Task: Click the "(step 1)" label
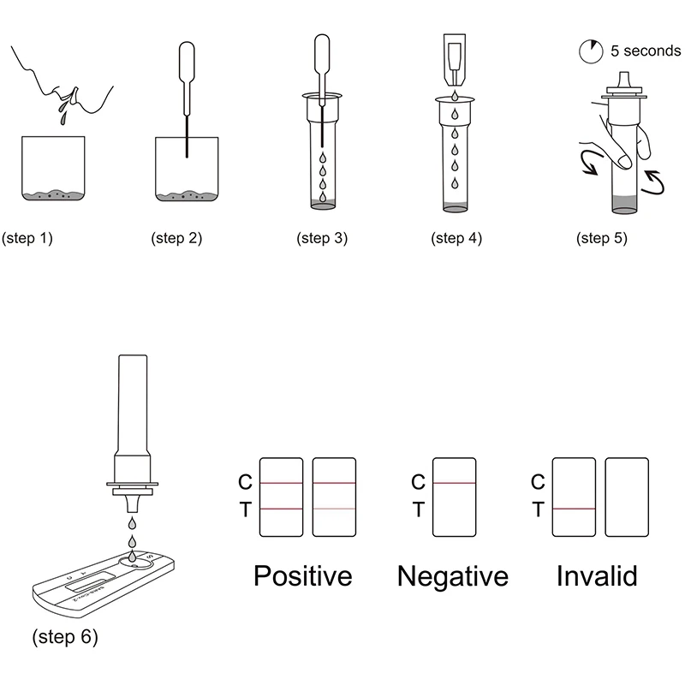click(x=27, y=239)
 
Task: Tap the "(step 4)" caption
click(x=457, y=239)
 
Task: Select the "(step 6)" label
click(x=64, y=637)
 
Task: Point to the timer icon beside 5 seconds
click(x=590, y=52)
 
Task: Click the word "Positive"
click(x=303, y=575)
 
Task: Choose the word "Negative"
click(x=452, y=575)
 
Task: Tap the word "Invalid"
click(x=597, y=575)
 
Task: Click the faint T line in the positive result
click(x=334, y=509)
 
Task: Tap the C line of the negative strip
click(x=454, y=483)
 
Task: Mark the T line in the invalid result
click(x=574, y=509)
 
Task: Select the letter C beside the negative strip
click(x=418, y=483)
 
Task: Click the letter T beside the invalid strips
click(x=538, y=510)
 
